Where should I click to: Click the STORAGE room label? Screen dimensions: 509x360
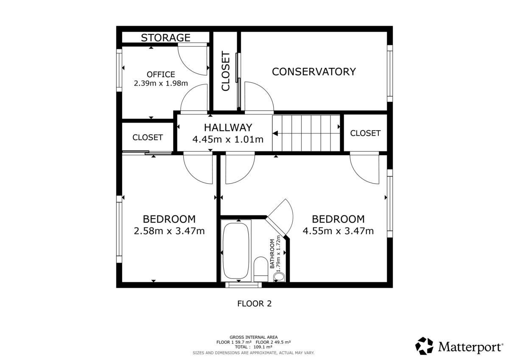166,38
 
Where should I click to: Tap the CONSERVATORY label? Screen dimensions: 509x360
314,72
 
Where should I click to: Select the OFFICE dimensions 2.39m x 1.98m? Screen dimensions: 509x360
161,84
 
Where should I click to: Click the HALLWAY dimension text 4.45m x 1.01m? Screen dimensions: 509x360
228,139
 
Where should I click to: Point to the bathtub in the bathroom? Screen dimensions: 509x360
236,251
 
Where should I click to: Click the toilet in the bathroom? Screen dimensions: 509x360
260,269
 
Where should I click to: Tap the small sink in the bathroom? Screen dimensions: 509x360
279,276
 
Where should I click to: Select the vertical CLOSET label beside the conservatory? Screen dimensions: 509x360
226,71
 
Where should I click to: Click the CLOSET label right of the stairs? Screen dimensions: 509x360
365,133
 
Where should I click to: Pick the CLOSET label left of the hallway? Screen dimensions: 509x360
148,137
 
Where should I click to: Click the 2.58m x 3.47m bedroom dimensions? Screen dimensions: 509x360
169,231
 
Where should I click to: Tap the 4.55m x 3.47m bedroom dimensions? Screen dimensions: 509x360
338,231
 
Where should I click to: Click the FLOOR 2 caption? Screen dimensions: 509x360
255,304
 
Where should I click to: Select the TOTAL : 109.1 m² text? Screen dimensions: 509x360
254,347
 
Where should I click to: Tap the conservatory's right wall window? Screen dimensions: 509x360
390,73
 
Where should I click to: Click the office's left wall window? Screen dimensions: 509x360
119,70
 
